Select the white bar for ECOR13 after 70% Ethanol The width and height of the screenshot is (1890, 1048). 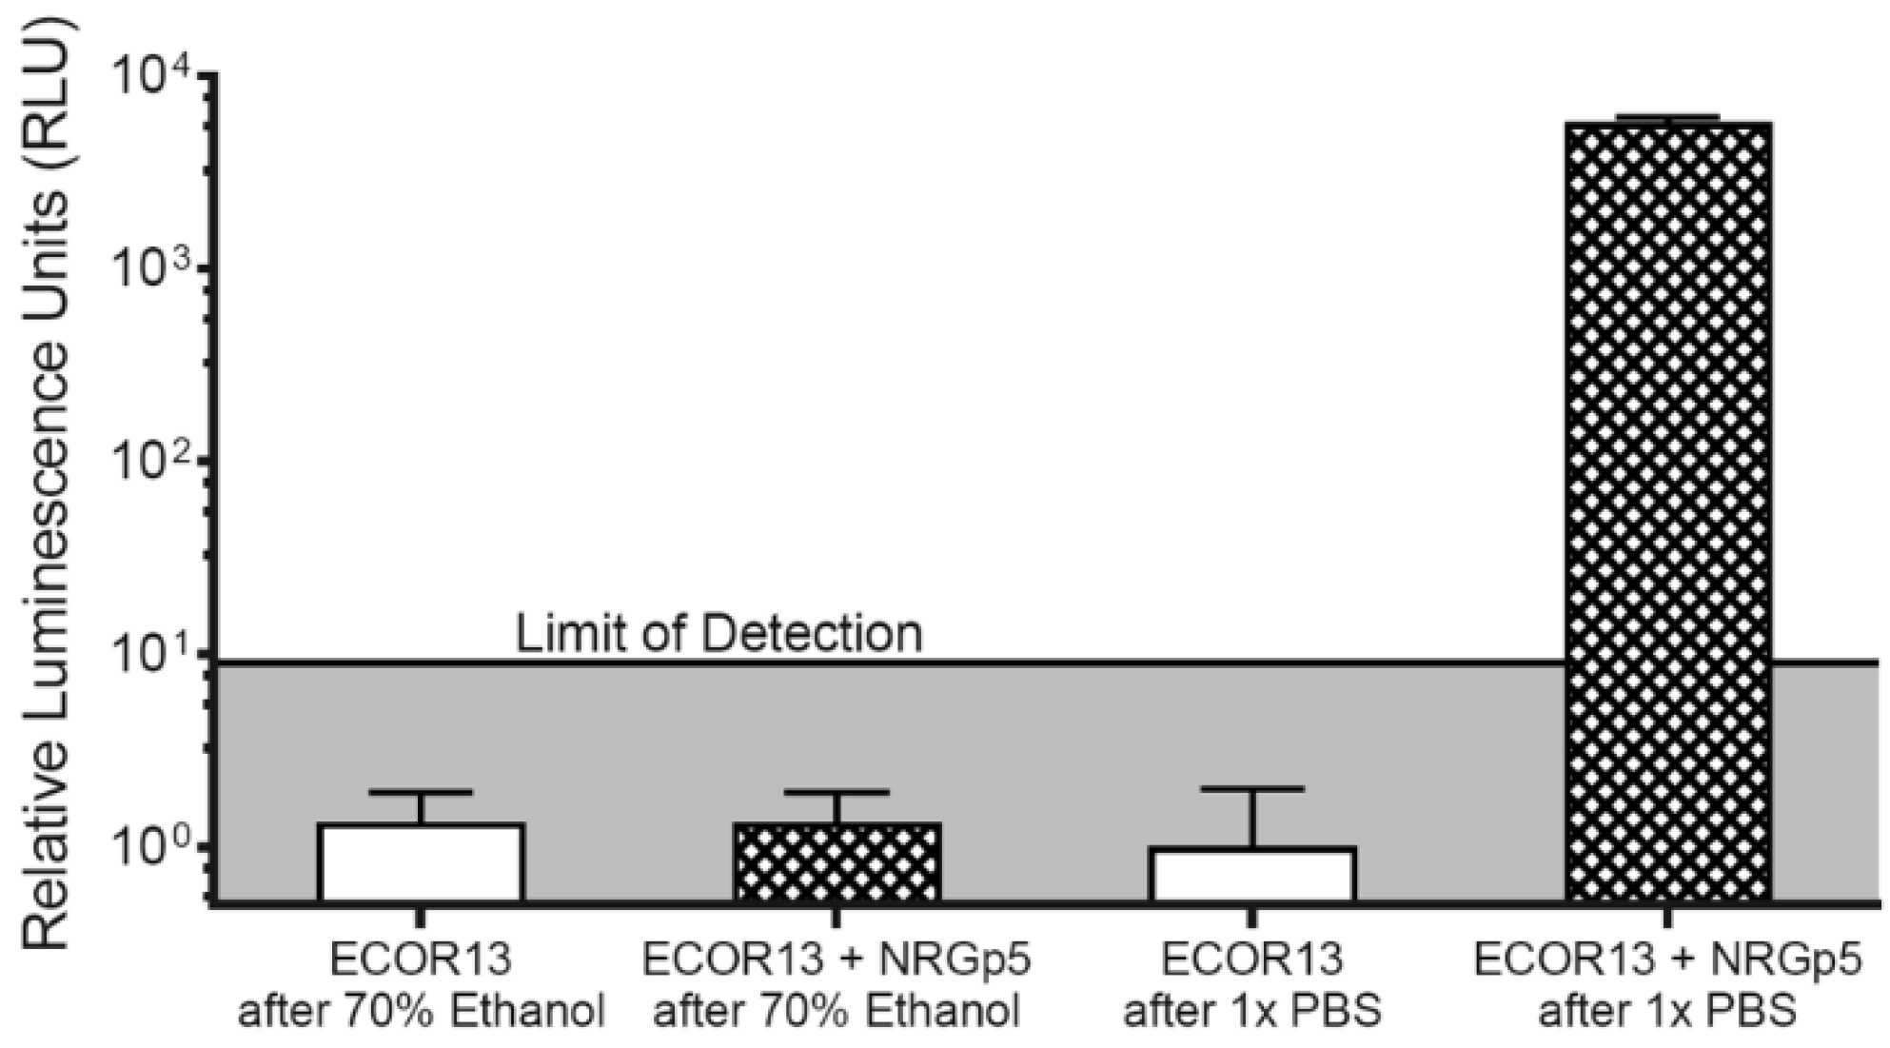tap(421, 862)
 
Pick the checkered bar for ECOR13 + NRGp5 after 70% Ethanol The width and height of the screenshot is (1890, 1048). tap(837, 862)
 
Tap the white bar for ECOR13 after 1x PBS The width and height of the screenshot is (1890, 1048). tap(1252, 874)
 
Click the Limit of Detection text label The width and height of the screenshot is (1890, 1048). tap(719, 634)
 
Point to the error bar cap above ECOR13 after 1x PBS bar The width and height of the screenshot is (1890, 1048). tap(1252, 789)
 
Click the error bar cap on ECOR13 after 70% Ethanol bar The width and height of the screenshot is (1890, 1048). tap(421, 792)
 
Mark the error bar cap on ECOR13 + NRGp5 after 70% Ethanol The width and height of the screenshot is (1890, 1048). tap(837, 792)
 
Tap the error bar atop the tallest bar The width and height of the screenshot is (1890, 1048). tap(1668, 117)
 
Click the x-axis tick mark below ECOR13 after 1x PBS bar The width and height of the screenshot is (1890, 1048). tap(1252, 917)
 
